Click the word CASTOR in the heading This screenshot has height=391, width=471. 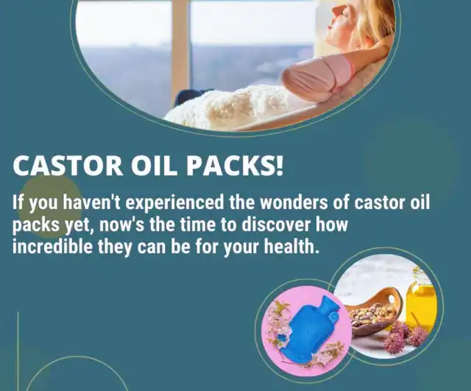click(68, 165)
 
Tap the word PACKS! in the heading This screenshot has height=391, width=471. click(235, 165)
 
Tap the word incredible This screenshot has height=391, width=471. click(52, 247)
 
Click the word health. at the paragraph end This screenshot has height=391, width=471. click(291, 247)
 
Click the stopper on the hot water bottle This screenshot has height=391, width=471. click(333, 317)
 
